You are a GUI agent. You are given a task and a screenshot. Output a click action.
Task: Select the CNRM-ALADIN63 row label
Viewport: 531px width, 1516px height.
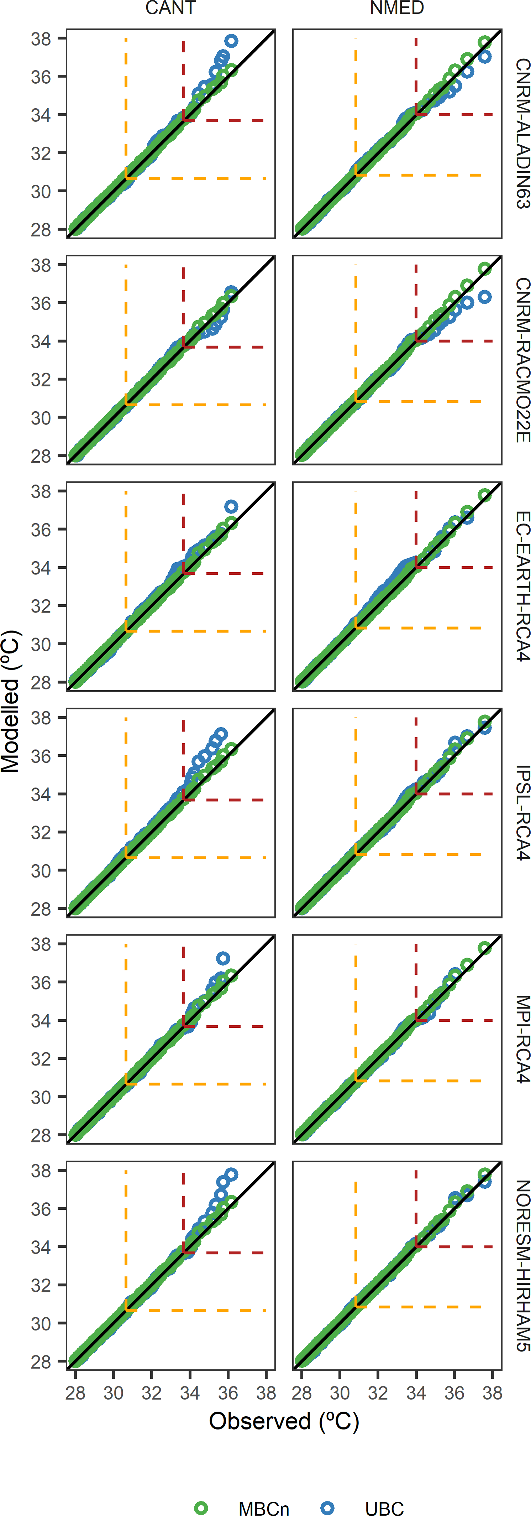click(522, 134)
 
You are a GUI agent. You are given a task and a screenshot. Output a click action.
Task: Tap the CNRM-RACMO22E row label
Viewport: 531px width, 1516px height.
click(522, 360)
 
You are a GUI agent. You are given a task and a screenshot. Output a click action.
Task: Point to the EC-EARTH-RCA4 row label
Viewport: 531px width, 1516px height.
click(522, 586)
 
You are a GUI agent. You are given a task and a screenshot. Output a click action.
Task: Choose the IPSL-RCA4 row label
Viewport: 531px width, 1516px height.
click(522, 813)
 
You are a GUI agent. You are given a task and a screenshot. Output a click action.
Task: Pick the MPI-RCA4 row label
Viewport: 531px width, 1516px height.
click(522, 1039)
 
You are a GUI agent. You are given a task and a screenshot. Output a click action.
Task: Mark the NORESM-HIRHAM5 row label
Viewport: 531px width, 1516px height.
click(522, 1265)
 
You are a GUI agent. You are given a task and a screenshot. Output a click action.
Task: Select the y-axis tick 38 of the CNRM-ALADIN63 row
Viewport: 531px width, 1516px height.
click(41, 39)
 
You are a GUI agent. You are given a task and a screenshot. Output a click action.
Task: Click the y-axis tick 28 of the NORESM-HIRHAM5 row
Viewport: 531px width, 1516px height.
click(41, 1362)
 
